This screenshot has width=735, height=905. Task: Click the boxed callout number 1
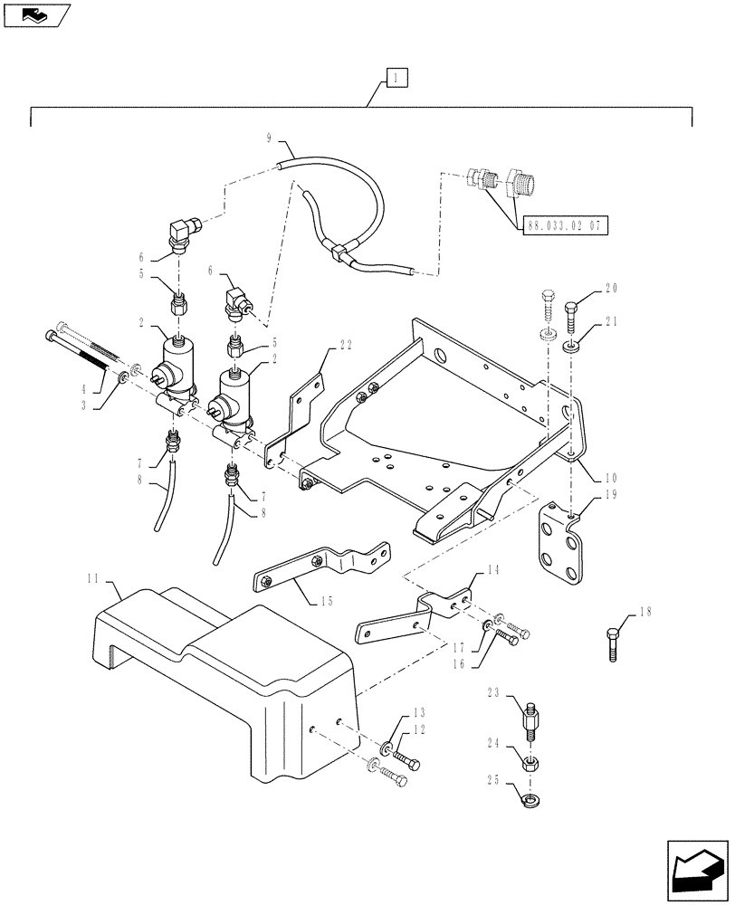tap(396, 78)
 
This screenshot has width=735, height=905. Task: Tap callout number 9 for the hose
tap(270, 138)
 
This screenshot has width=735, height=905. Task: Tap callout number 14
tap(492, 571)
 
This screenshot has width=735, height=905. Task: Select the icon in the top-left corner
tap(35, 15)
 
